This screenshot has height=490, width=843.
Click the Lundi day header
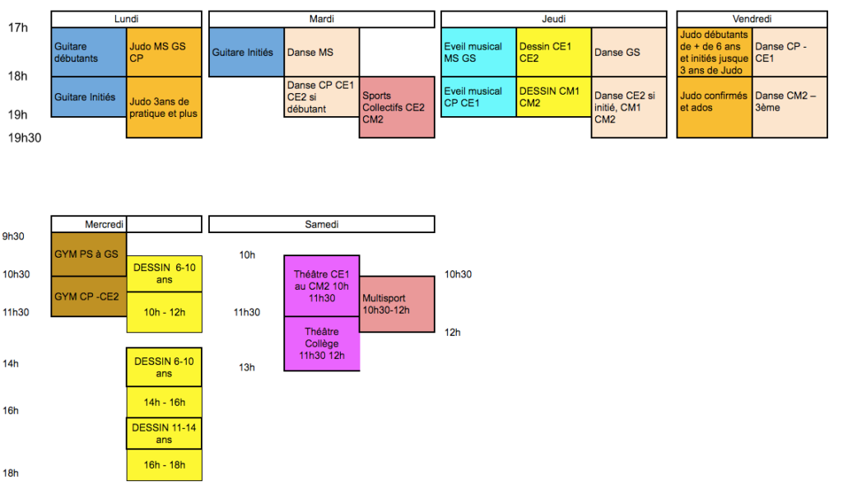pyautogui.click(x=126, y=19)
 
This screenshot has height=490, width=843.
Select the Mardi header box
pyautogui.click(x=321, y=19)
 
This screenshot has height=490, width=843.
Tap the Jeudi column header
pyautogui.click(x=553, y=19)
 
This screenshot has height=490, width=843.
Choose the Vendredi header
pyautogui.click(x=752, y=19)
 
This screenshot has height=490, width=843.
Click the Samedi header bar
pyautogui.click(x=321, y=224)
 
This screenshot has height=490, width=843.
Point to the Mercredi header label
pyautogui.click(x=105, y=224)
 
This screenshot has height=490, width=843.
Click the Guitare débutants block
pyautogui.click(x=88, y=52)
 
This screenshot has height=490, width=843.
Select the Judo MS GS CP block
pyautogui.click(x=164, y=52)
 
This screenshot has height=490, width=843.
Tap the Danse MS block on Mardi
pyautogui.click(x=321, y=52)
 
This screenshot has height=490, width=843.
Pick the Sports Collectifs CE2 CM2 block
pyautogui.click(x=397, y=107)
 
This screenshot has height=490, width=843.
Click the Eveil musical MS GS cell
pyautogui.click(x=478, y=52)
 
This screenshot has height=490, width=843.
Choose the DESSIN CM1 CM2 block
pyautogui.click(x=553, y=96)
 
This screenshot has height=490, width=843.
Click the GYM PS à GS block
pyautogui.click(x=88, y=254)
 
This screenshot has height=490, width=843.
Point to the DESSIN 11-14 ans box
pyautogui.click(x=164, y=433)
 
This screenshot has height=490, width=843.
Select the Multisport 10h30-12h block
pyautogui.click(x=397, y=304)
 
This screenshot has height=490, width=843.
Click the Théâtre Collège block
pyautogui.click(x=321, y=343)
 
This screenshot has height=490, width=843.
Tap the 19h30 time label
pyautogui.click(x=25, y=138)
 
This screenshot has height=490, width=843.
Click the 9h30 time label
pyautogui.click(x=14, y=236)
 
